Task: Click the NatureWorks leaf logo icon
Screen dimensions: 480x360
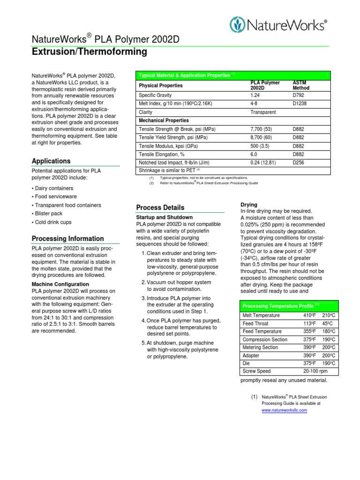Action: pos(238,25)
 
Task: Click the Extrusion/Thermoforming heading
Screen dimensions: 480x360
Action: pos(89,52)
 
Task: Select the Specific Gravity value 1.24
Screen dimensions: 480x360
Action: pos(255,95)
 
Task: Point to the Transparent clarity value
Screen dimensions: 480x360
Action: pos(263,112)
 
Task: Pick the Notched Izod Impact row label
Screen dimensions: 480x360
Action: pos(173,163)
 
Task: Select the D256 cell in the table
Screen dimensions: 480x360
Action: pos(298,163)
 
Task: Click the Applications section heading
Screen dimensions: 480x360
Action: pos(51,161)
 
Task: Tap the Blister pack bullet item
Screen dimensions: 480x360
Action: pos(48,214)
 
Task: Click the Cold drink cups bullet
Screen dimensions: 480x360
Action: pos(53,222)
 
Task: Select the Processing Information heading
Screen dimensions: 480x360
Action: pos(67,239)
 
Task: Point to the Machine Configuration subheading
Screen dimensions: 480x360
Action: pos(60,284)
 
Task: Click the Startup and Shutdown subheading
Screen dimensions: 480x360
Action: pos(164,217)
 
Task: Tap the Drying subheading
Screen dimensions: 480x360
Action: pos(249,205)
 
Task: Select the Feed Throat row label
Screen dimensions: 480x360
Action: pos(255,323)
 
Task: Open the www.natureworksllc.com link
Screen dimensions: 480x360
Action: pos(284,410)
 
